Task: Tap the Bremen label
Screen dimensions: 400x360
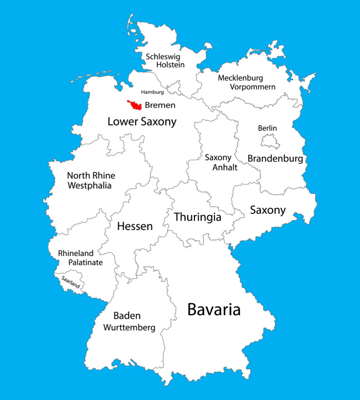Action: tap(160, 105)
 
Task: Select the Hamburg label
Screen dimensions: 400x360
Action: tap(152, 92)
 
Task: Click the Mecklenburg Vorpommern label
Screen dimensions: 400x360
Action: tap(247, 82)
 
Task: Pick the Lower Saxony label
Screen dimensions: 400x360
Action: tap(142, 122)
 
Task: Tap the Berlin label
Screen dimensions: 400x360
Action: tap(267, 128)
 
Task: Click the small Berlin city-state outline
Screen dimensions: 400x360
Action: tap(269, 141)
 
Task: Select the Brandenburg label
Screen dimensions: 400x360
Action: tap(275, 158)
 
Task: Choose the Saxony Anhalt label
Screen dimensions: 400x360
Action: tap(218, 162)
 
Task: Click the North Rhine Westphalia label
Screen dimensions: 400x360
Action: tap(91, 180)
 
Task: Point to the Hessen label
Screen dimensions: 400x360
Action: tap(135, 226)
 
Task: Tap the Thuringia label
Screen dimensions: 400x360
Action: tap(197, 217)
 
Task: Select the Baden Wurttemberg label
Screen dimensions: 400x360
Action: tap(127, 321)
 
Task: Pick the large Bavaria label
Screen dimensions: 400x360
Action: tap(213, 310)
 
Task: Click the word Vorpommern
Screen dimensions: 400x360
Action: tap(253, 87)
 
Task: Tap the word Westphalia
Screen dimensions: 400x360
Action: tap(89, 186)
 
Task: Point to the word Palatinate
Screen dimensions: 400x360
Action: tap(85, 263)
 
